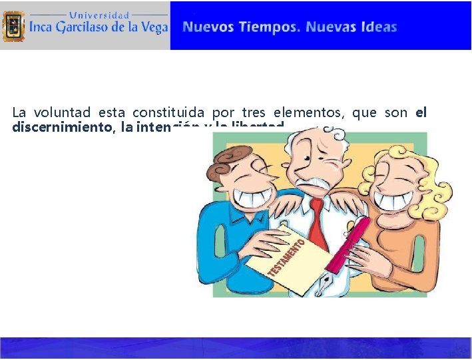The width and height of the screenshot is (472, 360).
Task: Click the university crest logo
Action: (x=14, y=27)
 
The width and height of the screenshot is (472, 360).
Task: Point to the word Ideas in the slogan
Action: (x=379, y=27)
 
